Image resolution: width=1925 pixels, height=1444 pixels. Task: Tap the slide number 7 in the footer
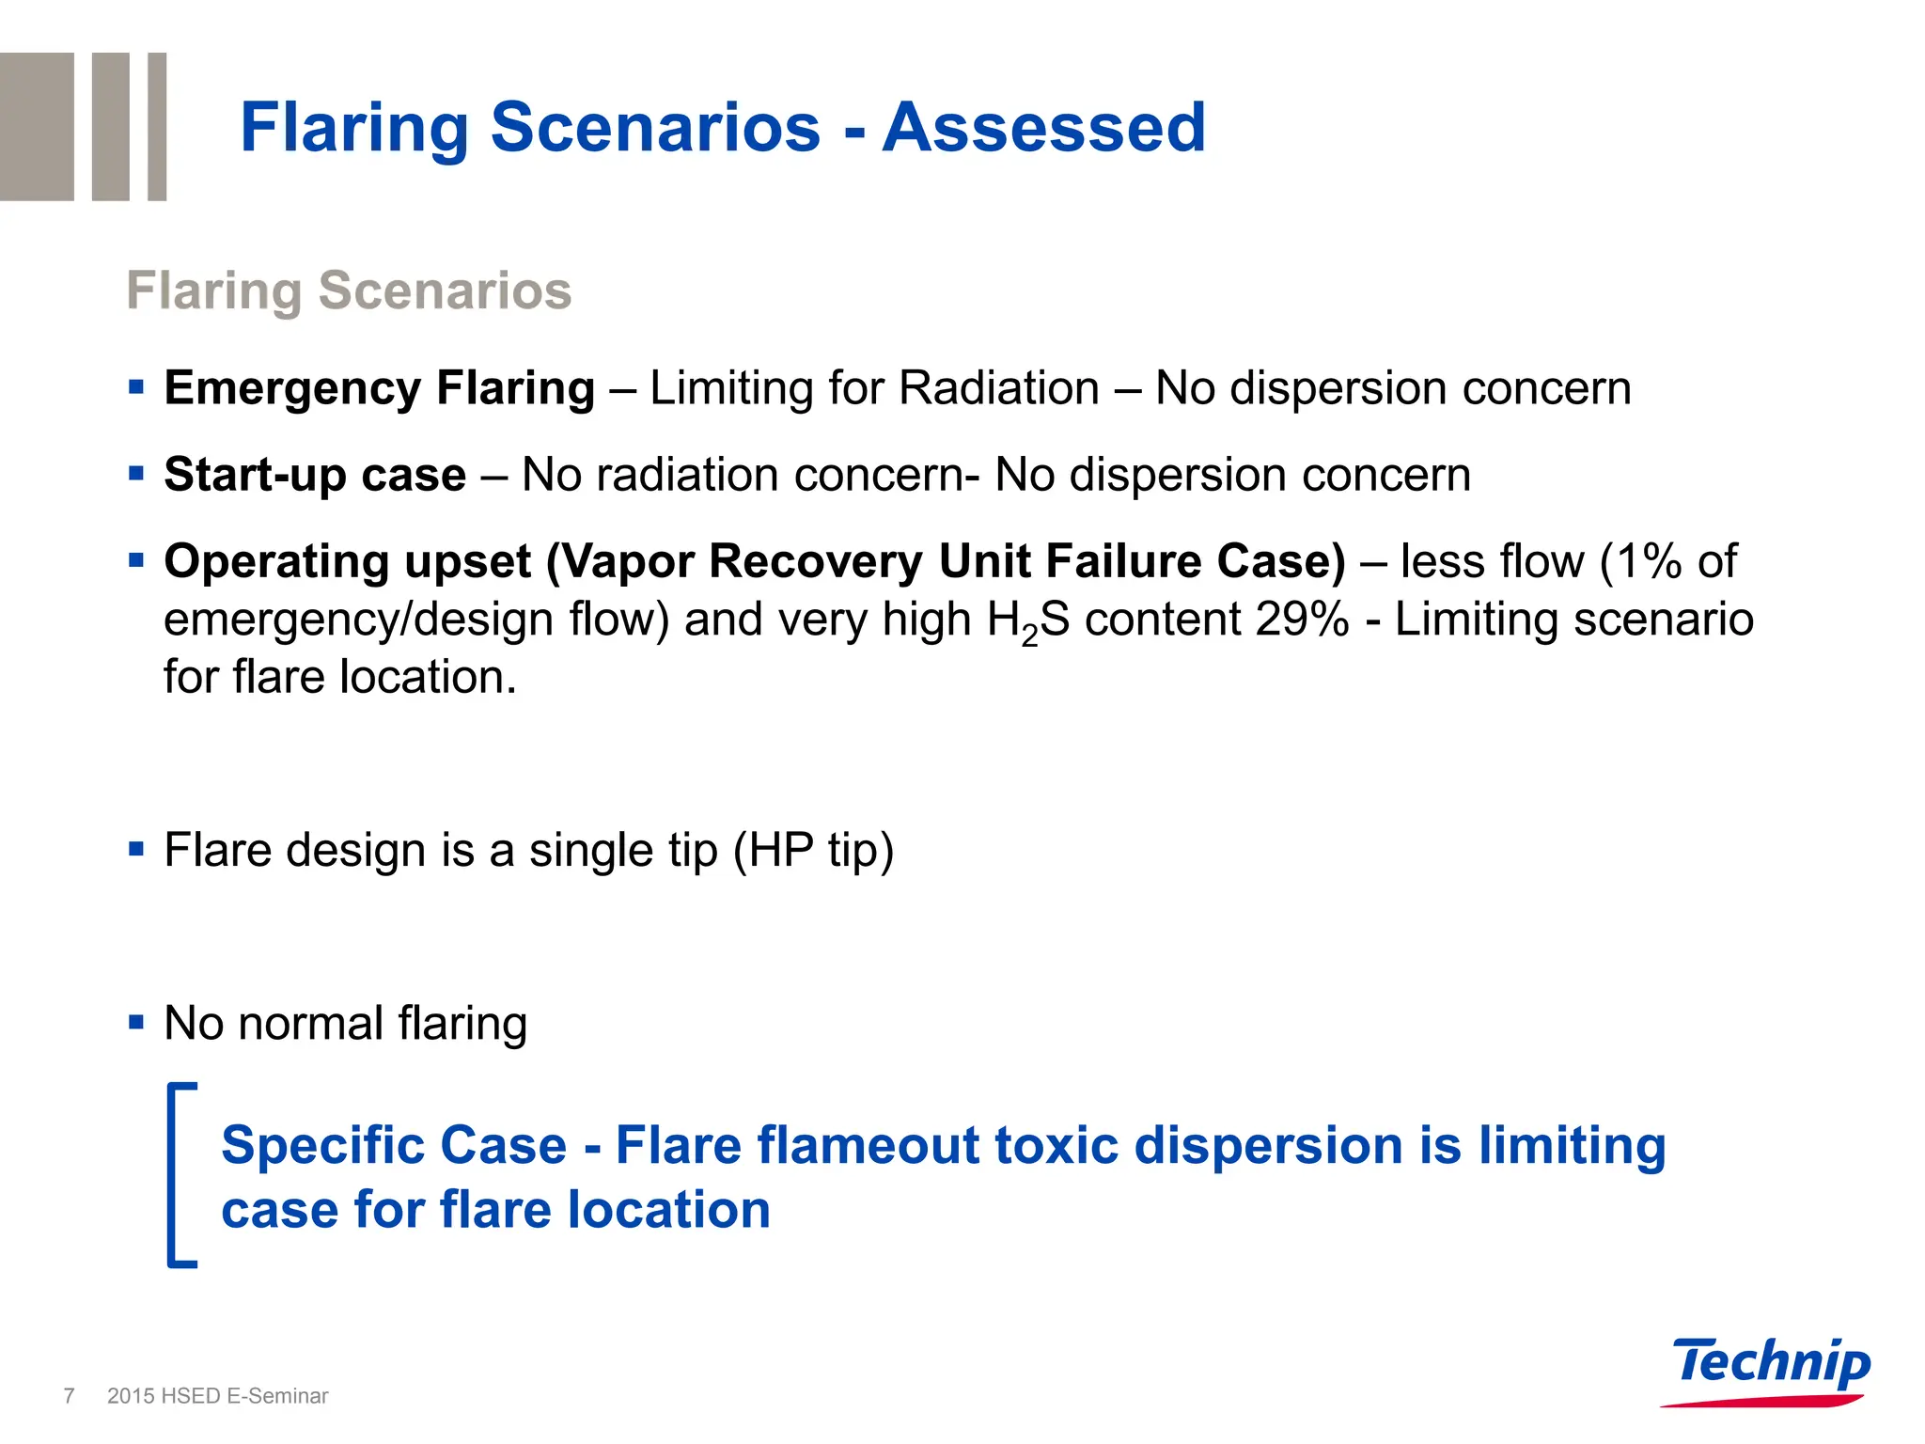point(69,1396)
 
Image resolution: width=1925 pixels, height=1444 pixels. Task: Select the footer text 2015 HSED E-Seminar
point(218,1396)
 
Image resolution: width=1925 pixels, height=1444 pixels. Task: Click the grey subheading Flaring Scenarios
point(349,290)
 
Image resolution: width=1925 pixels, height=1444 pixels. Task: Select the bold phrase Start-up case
point(315,475)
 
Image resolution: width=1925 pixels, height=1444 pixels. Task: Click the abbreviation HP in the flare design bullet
point(781,850)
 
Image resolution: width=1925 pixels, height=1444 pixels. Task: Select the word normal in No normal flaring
point(310,1023)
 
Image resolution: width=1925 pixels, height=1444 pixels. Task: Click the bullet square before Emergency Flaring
point(136,386)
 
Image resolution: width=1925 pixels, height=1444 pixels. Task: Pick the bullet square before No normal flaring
point(136,1022)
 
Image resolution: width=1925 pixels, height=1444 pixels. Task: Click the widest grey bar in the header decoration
point(37,126)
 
